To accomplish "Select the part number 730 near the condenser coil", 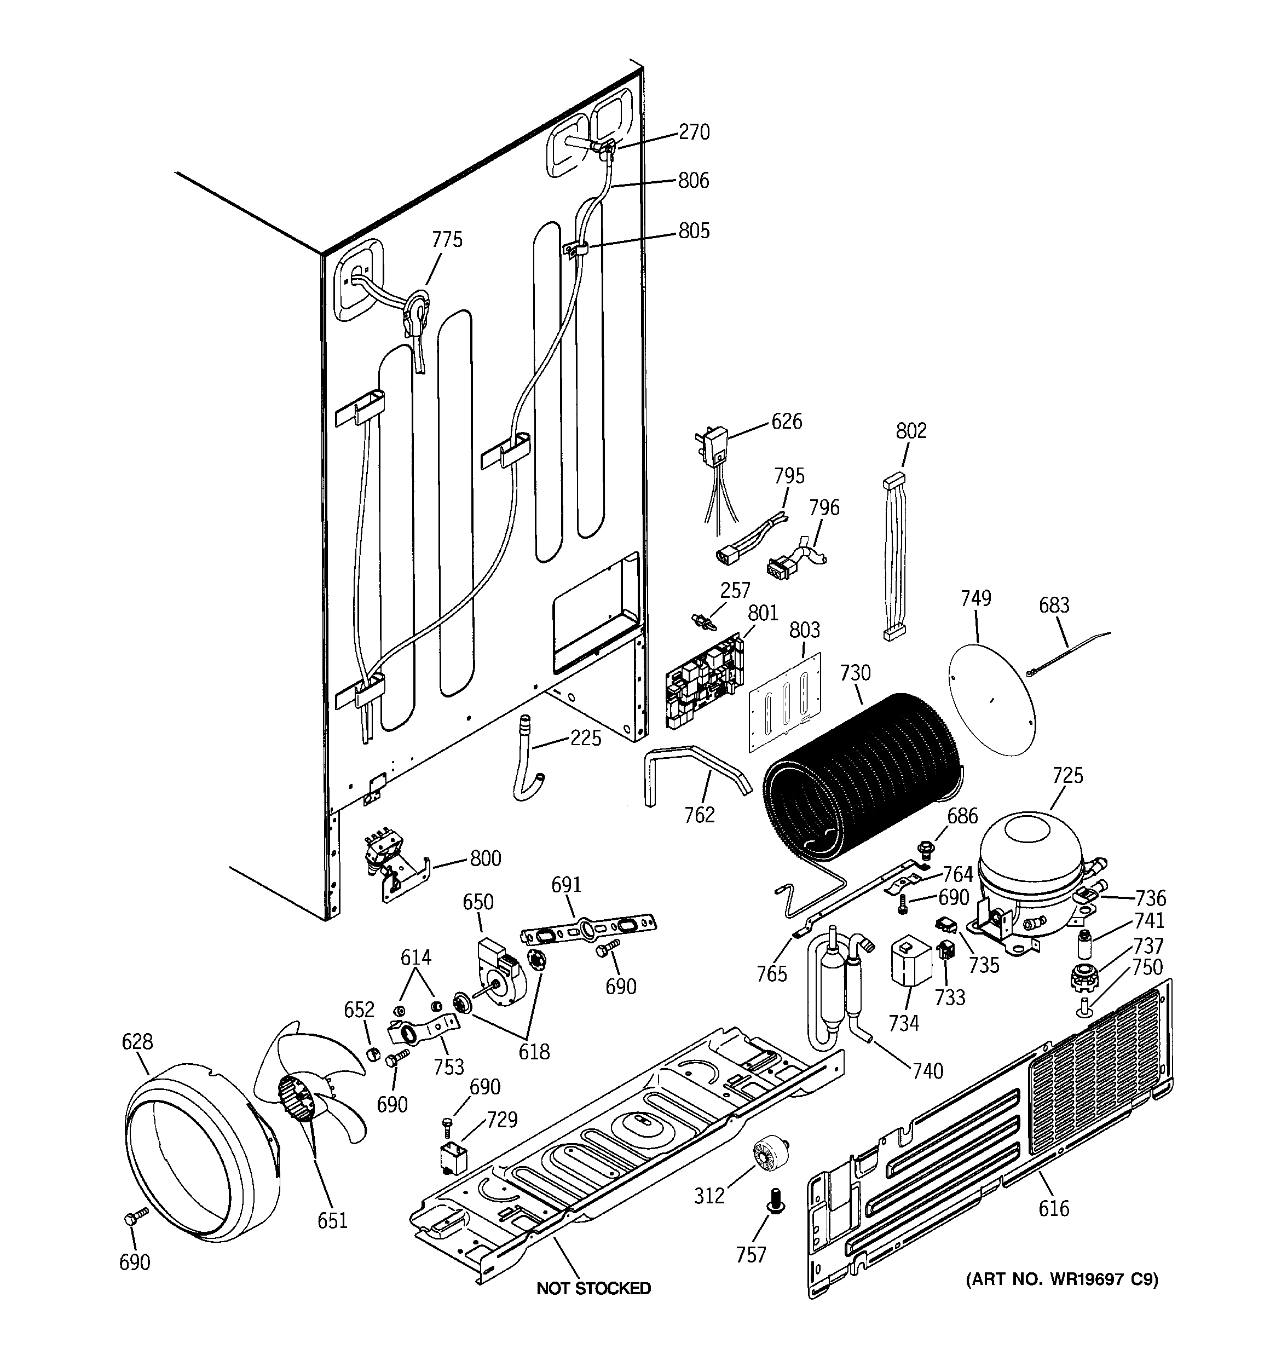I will [855, 673].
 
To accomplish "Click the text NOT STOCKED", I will [593, 1288].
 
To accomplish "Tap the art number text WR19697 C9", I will [1061, 1279].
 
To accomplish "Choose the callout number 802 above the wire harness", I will [911, 431].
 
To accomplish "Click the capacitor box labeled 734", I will [911, 962].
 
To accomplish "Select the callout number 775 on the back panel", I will [447, 239].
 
